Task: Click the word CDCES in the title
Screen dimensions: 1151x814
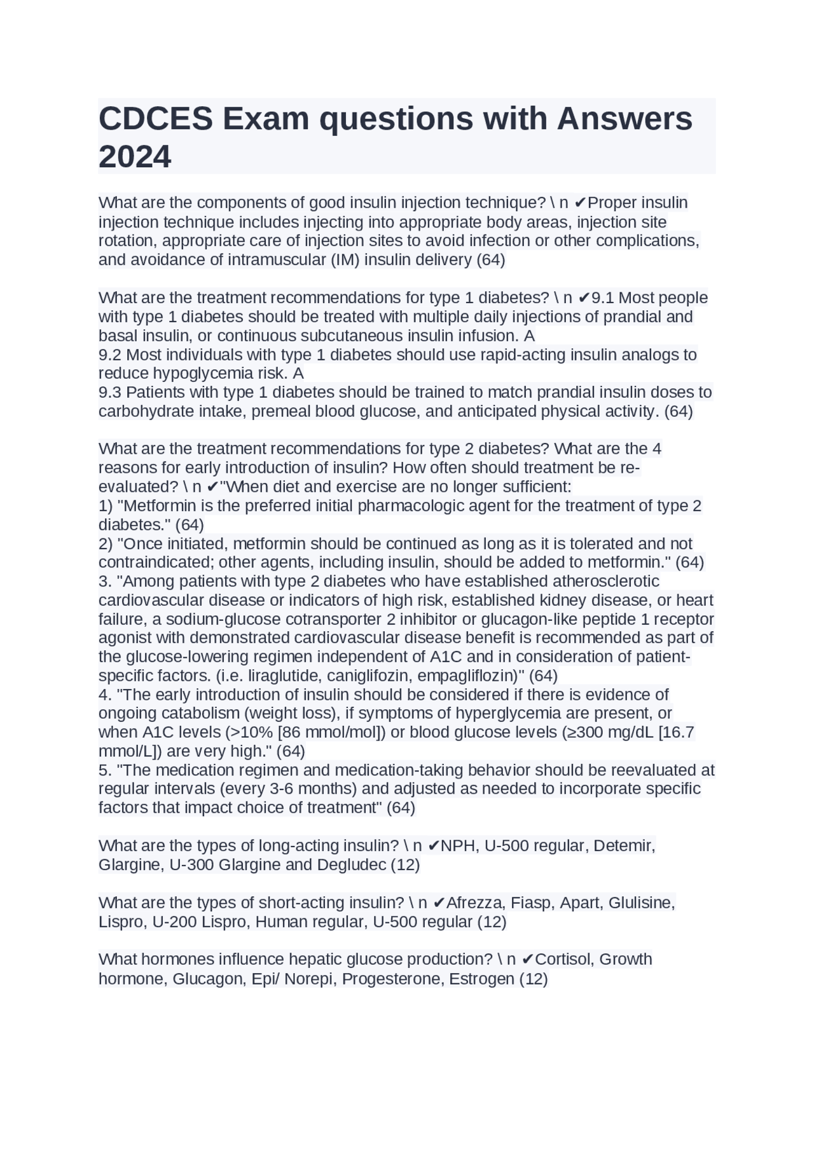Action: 155,119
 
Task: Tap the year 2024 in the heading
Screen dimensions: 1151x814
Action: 135,157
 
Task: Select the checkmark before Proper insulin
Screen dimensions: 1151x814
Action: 580,203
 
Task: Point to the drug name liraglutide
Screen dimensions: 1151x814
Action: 280,676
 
